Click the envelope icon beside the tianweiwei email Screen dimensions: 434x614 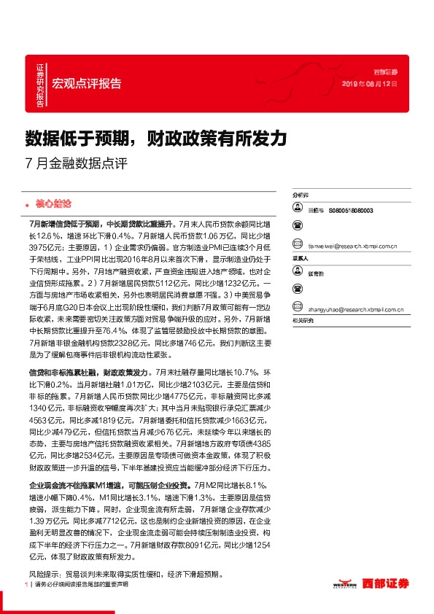298,246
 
